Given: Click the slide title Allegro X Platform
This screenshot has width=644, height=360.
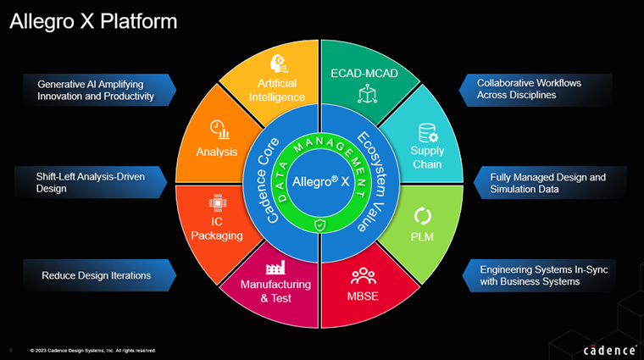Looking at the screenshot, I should point(93,21).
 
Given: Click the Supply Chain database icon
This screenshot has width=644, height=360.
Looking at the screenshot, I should point(427,133).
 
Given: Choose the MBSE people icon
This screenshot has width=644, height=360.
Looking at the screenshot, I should point(363,275).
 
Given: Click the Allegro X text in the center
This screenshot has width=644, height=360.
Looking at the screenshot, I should point(319,181).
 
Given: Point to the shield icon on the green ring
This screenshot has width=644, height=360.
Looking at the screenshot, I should point(319,224).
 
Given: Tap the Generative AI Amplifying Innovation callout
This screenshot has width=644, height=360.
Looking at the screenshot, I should point(96,91).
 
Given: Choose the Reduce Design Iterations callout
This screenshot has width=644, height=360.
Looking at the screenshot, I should point(96,275).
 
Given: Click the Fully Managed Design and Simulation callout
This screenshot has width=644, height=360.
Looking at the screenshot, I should point(547,183).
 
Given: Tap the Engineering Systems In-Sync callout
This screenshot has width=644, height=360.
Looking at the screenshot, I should point(542,275).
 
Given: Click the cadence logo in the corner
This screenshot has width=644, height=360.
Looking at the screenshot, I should point(608,349).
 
